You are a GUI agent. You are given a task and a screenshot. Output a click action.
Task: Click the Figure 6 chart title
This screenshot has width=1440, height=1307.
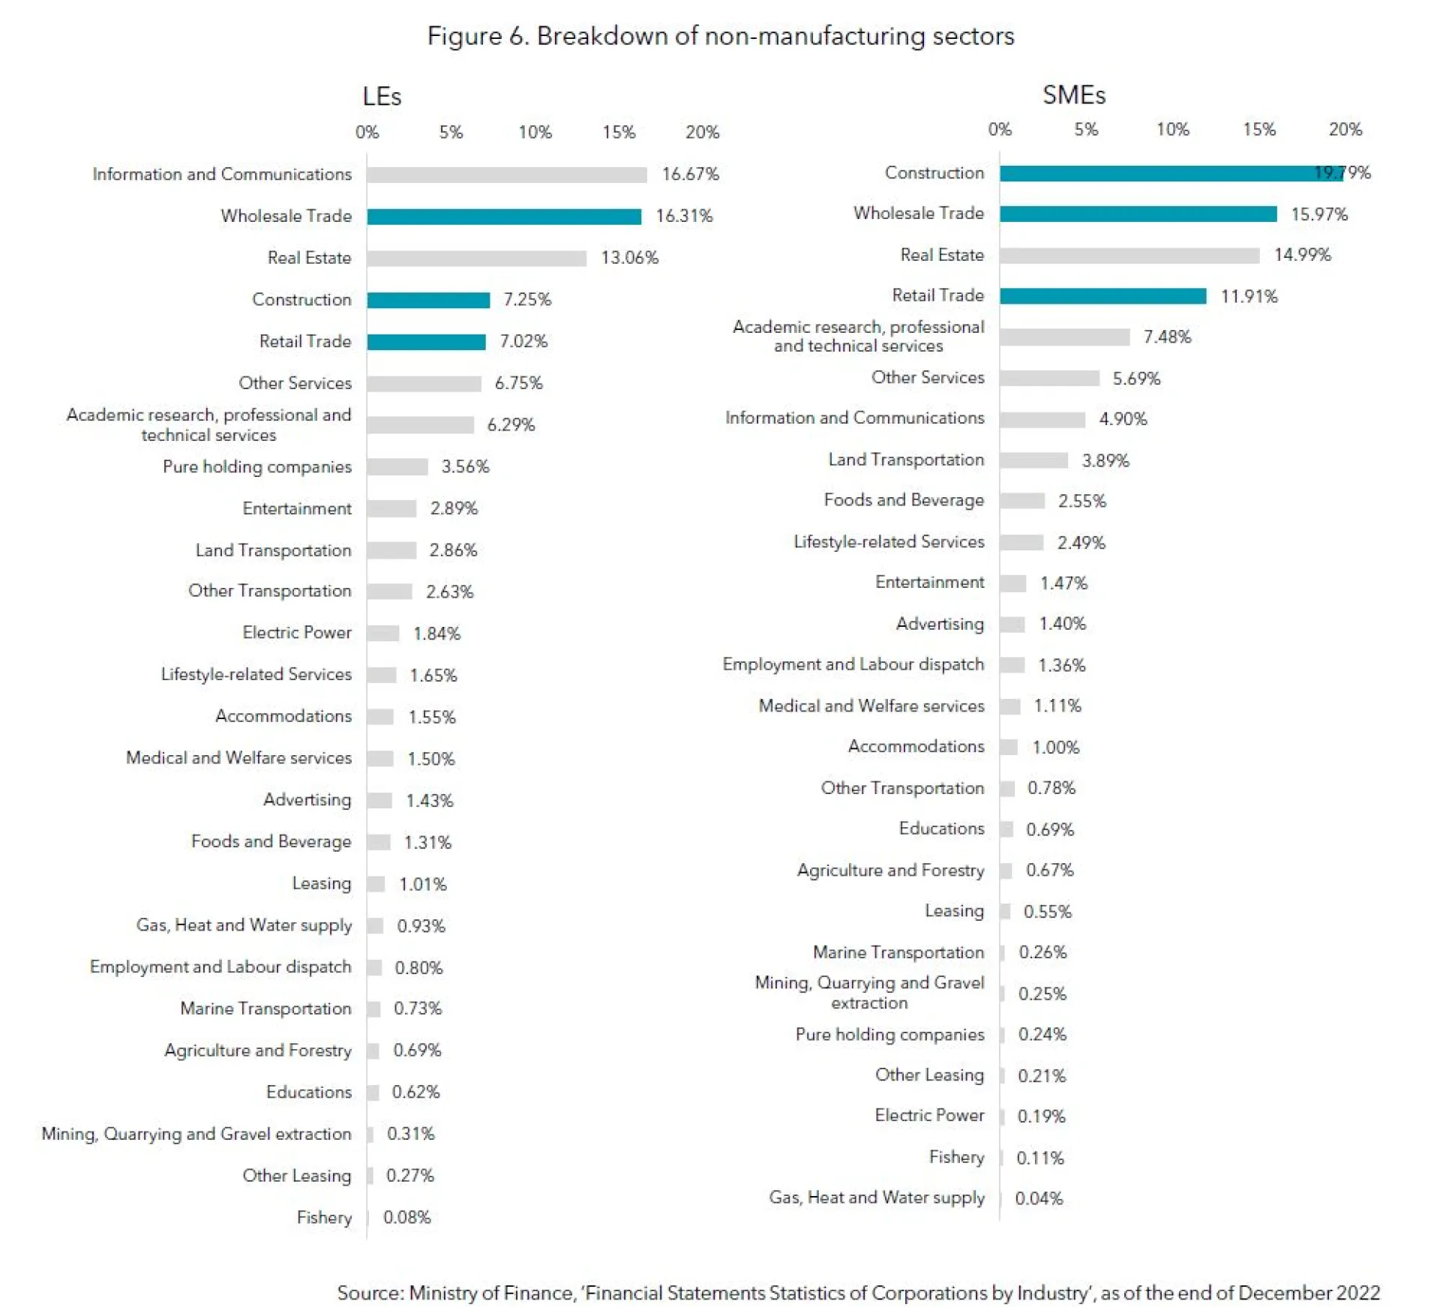point(720,36)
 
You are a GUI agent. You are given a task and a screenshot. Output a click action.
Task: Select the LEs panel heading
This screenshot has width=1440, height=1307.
point(382,97)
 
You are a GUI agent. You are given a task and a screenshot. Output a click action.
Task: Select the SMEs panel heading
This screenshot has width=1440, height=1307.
point(1073,95)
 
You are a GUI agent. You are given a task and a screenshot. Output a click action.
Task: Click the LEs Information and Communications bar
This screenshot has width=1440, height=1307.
point(506,175)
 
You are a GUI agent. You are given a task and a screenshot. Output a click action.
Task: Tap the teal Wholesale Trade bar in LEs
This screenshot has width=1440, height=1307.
point(504,217)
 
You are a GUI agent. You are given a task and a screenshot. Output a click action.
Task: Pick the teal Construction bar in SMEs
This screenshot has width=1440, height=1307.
point(1170,173)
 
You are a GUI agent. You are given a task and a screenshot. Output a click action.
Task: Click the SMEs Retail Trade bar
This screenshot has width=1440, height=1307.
point(1102,296)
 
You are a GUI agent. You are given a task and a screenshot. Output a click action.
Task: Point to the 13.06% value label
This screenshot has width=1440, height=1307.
point(629,258)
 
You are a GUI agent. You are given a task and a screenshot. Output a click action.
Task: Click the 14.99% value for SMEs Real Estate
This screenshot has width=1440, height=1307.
point(1302,255)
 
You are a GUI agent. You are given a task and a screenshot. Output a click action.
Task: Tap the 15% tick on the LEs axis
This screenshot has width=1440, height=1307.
point(619,133)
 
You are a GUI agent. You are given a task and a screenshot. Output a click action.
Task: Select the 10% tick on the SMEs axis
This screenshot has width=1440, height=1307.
point(1172,130)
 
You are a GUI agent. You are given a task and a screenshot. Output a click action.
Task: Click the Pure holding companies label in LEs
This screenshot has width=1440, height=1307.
point(256,466)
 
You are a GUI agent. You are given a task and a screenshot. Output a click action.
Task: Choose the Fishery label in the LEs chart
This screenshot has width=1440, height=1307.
point(324,1217)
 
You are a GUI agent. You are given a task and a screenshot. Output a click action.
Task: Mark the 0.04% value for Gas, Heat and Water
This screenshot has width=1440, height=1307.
point(1039,1198)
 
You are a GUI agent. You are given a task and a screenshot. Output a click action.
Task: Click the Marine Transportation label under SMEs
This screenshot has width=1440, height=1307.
point(898,952)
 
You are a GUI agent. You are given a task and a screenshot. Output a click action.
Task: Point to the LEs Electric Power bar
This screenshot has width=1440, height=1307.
point(382,634)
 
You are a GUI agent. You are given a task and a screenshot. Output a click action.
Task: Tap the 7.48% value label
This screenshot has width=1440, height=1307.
point(1167,337)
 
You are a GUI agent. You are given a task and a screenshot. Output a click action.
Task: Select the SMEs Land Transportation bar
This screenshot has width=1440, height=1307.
point(1033,460)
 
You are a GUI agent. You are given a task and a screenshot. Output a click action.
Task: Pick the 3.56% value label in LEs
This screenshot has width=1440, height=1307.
point(465,466)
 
